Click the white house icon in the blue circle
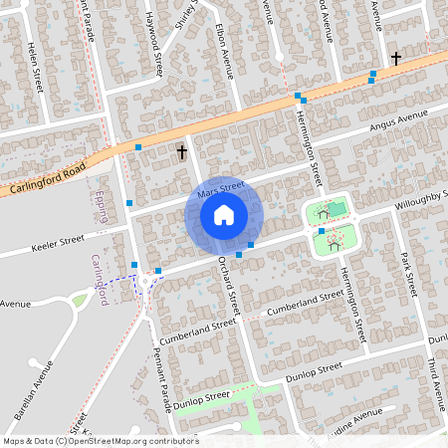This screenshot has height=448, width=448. click(224, 215)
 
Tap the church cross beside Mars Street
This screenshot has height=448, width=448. click(182, 152)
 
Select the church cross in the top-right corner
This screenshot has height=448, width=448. click(396, 58)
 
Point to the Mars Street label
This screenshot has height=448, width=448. click(220, 188)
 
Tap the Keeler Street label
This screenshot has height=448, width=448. click(58, 242)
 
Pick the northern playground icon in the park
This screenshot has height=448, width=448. click(322, 212)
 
